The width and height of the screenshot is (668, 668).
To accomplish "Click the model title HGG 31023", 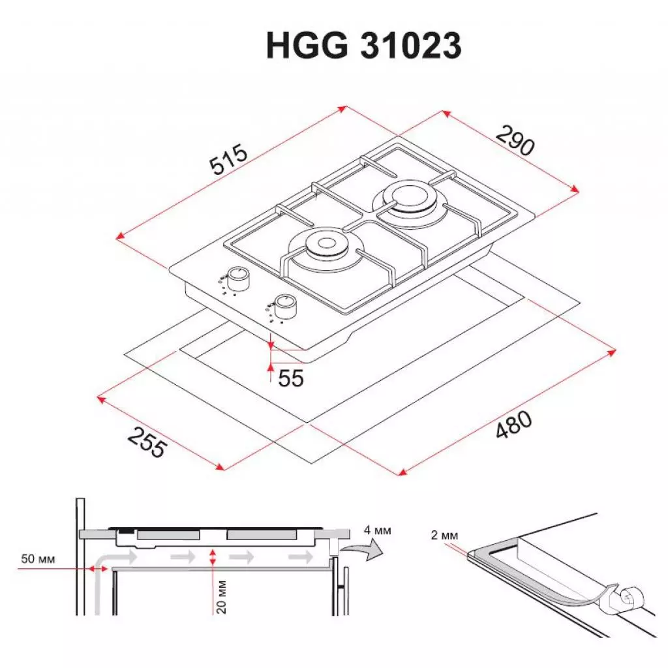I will point(363,46).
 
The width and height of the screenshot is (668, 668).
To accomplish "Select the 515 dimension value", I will point(228,161).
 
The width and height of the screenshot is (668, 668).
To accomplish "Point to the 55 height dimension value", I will point(290,378).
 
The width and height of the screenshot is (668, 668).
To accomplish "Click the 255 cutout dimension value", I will point(147,442).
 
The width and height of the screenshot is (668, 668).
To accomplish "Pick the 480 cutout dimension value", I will point(513,428).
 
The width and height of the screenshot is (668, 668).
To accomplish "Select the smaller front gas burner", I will point(323,246).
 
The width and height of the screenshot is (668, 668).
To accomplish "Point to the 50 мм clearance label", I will point(38,560).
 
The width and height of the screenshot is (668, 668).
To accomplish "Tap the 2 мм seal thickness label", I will point(445,536).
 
